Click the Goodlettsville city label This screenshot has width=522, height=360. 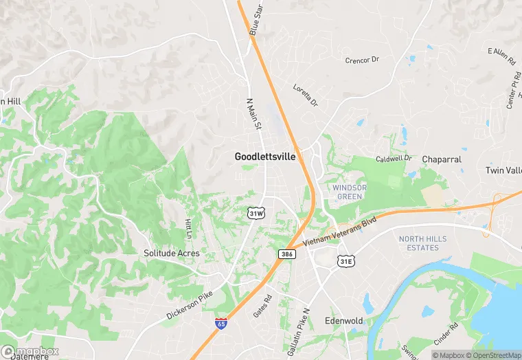point(265,157)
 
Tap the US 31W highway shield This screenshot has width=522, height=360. point(256,213)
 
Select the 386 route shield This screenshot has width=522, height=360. point(287,254)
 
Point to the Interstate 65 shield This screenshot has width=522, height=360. point(220,323)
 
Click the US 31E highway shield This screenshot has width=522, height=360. point(345,261)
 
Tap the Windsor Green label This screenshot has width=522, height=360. point(350,192)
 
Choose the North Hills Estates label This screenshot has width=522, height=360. point(422,243)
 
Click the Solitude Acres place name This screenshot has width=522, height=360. point(172,253)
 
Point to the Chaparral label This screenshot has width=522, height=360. point(441,159)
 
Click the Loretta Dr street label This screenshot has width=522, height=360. point(306,95)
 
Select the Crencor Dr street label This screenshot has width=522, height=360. point(362,60)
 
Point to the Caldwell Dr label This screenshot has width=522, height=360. point(394,159)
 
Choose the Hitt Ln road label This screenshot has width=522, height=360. point(188,228)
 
